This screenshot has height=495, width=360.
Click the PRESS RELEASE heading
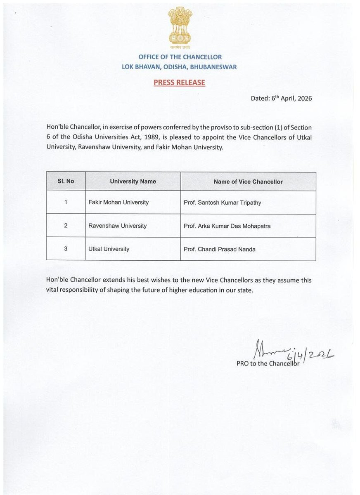(179, 82)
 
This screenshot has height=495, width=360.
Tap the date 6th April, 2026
(291, 99)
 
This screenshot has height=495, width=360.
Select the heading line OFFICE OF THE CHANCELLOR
(180, 57)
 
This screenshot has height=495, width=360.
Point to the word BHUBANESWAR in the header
(216, 67)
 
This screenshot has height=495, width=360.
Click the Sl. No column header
(66, 181)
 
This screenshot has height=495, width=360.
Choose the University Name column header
(133, 181)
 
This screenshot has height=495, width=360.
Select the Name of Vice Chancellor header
(248, 181)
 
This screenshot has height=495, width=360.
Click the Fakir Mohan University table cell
(118, 203)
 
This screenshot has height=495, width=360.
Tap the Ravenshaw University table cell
(118, 226)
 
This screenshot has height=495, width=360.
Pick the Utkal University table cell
(109, 249)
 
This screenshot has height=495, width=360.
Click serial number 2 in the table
(66, 226)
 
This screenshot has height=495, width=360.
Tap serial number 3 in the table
(66, 249)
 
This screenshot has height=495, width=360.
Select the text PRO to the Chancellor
(267, 364)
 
